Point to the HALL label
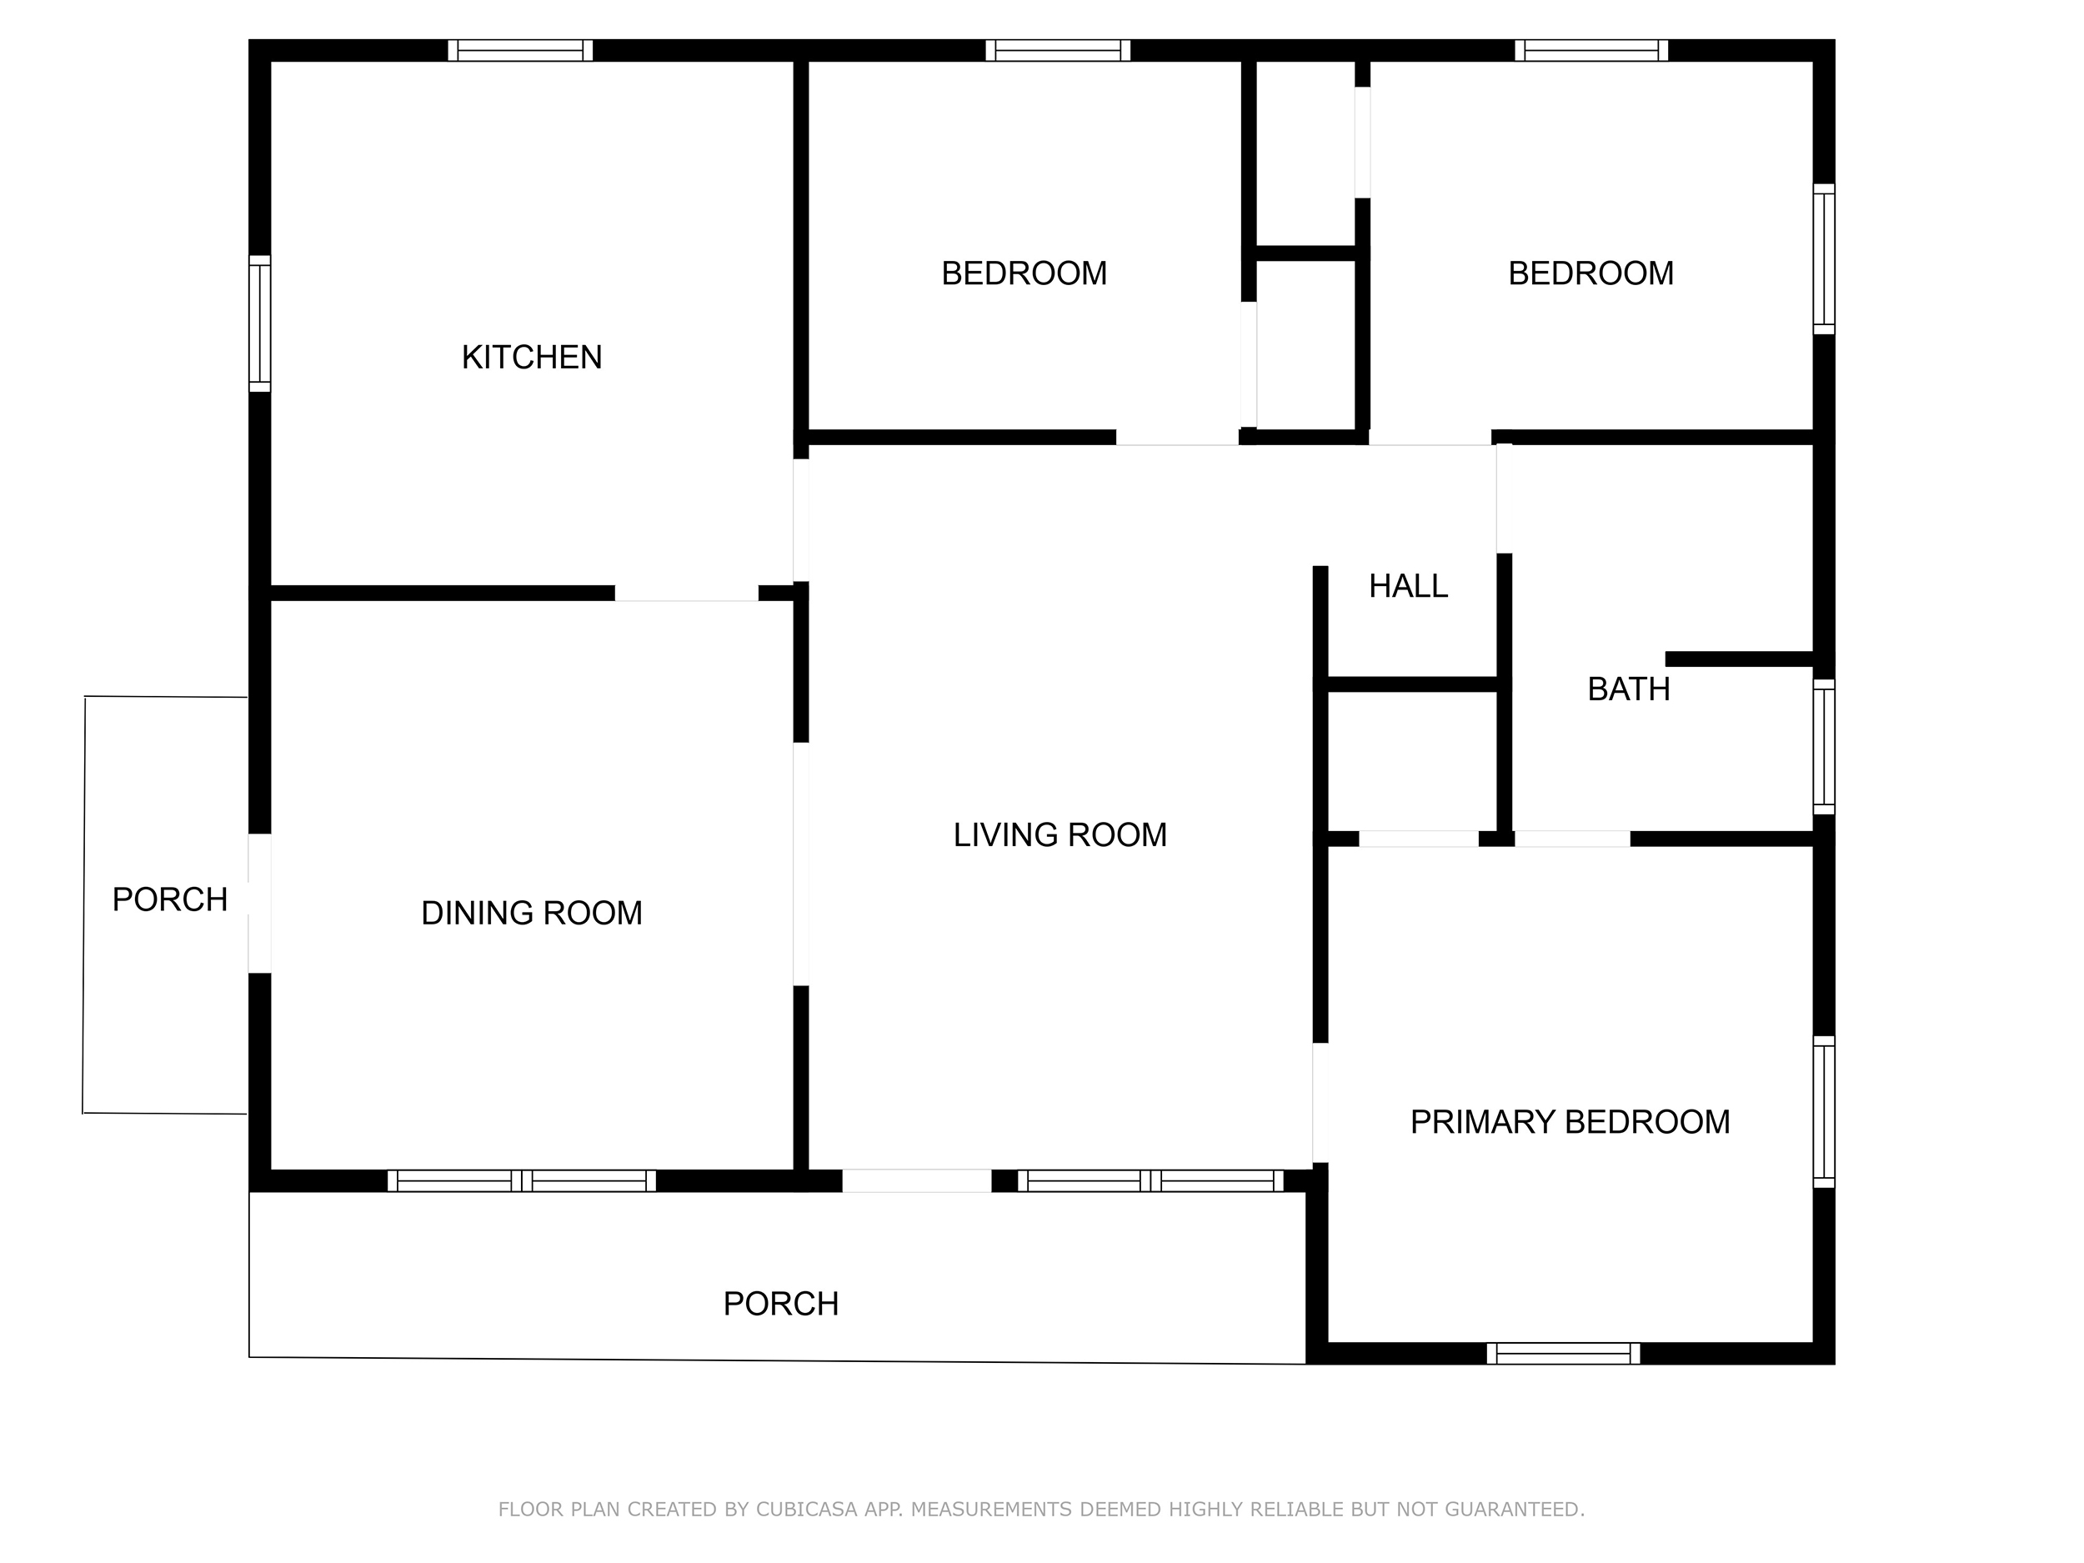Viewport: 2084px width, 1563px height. (x=1408, y=586)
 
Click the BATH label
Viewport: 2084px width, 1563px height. (x=1628, y=689)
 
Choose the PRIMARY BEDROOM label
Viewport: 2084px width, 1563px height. (x=1570, y=1122)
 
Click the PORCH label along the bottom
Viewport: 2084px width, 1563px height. (x=780, y=1304)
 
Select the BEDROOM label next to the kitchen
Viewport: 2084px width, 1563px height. (x=1024, y=273)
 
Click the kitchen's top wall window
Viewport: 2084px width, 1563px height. (x=520, y=50)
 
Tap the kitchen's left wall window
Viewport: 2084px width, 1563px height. (x=260, y=323)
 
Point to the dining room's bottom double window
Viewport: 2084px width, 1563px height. (x=522, y=1180)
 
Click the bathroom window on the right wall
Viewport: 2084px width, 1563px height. (x=1824, y=746)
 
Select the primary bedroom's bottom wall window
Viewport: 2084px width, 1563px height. (x=1563, y=1353)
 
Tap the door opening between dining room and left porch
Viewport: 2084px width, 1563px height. (x=260, y=904)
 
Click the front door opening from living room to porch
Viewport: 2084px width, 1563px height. (x=917, y=1180)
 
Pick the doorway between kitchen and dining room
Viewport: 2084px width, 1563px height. (x=687, y=594)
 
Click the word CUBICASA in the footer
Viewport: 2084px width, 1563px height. (x=806, y=1510)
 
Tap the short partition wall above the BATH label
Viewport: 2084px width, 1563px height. (x=1739, y=659)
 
